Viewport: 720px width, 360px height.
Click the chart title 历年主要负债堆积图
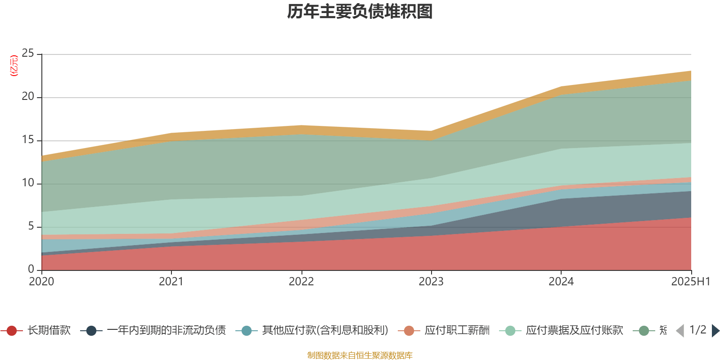tap(360, 12)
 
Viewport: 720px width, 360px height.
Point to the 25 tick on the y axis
tap(28, 54)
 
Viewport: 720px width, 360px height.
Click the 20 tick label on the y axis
tap(28, 97)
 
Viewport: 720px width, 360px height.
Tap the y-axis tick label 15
tap(28, 140)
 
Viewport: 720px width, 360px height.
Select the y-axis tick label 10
tap(28, 183)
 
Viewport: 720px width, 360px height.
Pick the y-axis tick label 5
tap(31, 226)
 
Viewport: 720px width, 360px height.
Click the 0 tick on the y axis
tap(31, 269)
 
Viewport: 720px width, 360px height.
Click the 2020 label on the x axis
tap(41, 282)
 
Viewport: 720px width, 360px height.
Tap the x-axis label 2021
tap(171, 282)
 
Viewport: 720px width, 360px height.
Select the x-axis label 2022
tap(301, 282)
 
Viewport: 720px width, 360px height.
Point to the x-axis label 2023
tap(431, 282)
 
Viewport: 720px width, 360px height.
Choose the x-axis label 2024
tap(561, 282)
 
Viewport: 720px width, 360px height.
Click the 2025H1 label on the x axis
tap(690, 282)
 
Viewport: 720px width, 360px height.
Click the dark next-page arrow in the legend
tap(715, 331)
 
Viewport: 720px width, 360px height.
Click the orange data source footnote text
tap(360, 355)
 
